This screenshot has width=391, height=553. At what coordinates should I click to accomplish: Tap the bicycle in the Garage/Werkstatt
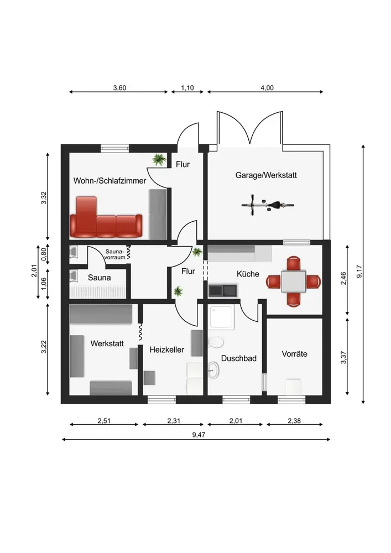268,205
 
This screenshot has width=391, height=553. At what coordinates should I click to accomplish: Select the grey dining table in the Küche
293,281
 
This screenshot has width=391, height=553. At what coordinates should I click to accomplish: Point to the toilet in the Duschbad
216,342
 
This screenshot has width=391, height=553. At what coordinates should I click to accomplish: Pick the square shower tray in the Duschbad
222,317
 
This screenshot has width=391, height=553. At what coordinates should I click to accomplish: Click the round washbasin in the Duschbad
213,370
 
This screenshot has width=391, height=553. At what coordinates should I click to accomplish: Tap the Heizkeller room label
167,350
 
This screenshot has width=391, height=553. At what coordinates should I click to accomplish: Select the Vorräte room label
294,354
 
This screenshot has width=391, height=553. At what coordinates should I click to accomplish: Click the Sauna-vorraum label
115,254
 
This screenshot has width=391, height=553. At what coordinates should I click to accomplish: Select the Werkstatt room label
107,343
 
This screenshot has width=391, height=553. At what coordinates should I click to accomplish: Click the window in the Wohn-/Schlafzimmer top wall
115,148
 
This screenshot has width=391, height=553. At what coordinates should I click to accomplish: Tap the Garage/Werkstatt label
266,175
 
